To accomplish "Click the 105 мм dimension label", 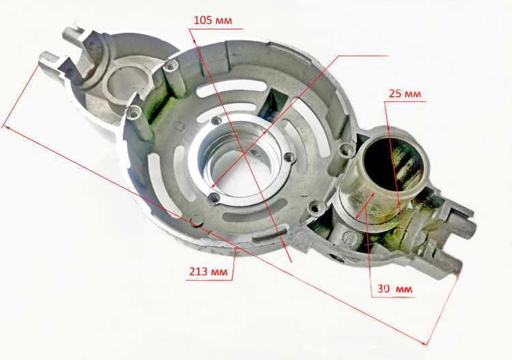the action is click(x=212, y=20).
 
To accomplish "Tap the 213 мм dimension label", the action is click(x=208, y=271).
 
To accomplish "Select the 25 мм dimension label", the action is click(x=405, y=94).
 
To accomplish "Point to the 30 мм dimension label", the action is click(x=395, y=289).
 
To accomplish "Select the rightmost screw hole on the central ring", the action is click(x=288, y=158).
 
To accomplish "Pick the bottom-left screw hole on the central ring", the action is click(x=214, y=197).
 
